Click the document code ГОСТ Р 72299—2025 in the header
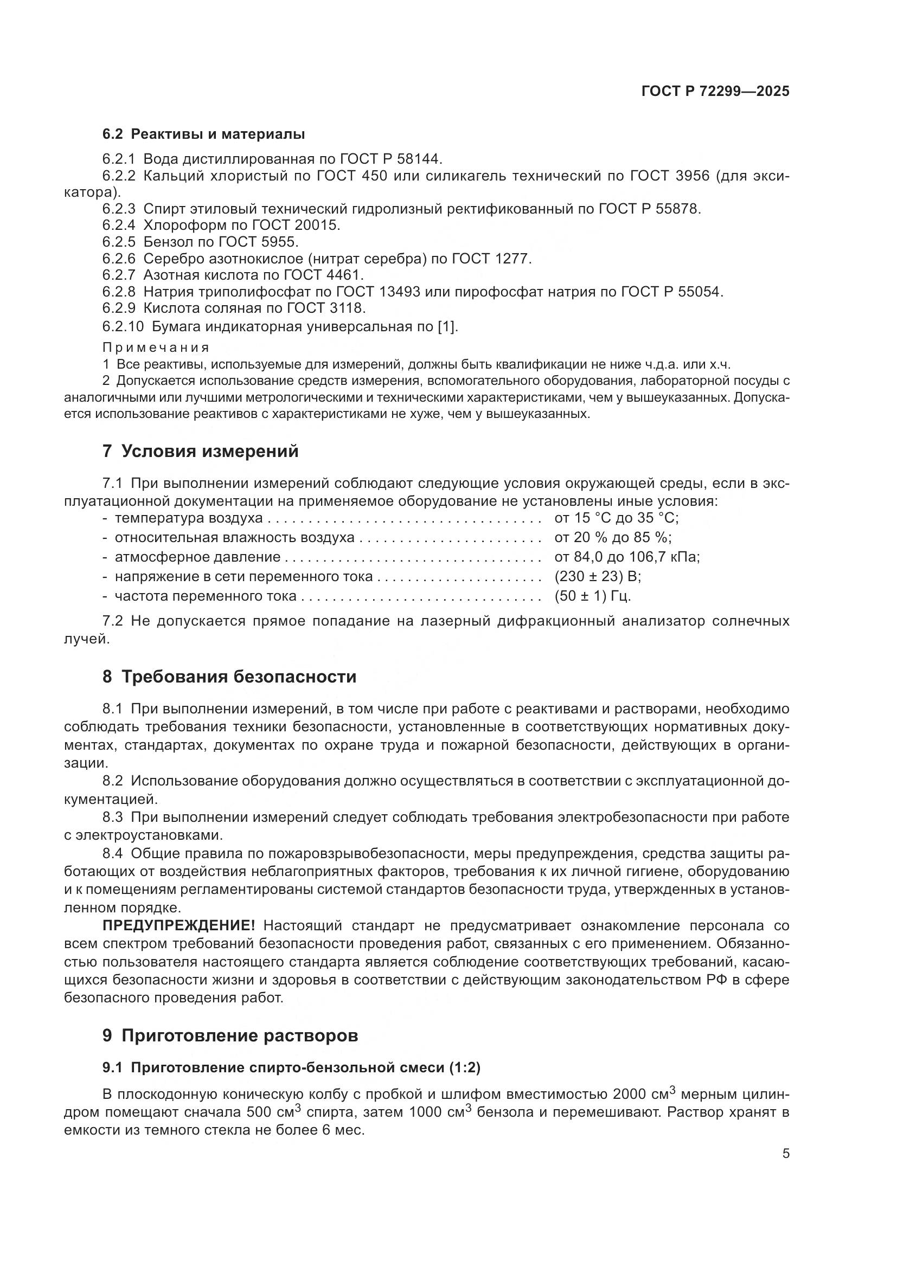click(715, 91)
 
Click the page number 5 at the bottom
click(785, 1154)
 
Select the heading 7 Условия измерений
click(200, 451)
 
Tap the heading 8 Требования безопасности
click(229, 677)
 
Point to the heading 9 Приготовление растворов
click(230, 1035)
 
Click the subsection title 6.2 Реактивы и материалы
click(203, 134)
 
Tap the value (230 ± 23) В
click(597, 577)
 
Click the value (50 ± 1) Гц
click(592, 596)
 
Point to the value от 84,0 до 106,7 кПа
click(626, 557)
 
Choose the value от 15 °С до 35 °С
click(616, 518)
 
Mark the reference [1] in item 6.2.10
click(446, 326)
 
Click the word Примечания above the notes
click(156, 347)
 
